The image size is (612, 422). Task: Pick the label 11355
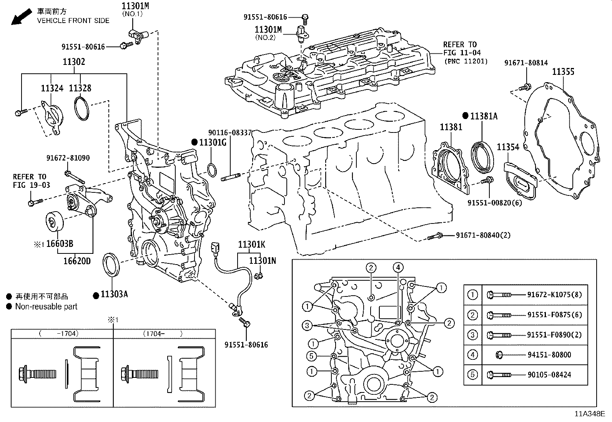[x=563, y=72]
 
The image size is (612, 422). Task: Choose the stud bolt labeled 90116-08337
[x=231, y=177]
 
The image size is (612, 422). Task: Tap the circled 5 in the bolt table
[x=472, y=375]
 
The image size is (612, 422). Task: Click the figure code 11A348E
[x=590, y=414]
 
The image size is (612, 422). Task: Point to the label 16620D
[x=77, y=261]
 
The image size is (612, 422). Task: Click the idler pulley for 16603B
[x=53, y=222]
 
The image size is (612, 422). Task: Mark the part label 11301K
[x=251, y=244]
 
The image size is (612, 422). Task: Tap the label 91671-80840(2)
[x=483, y=235]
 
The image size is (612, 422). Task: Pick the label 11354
[x=508, y=147]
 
